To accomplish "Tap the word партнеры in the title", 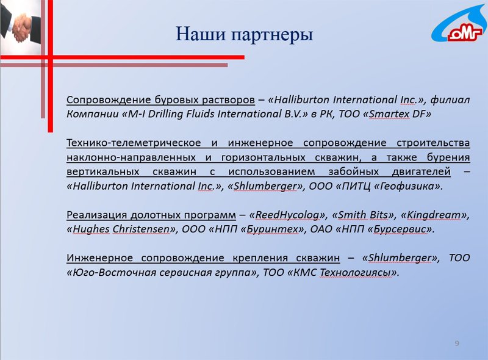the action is pos(272,35).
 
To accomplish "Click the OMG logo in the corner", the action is pos(459,24).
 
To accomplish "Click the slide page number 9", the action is pos(457,343).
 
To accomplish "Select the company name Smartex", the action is pos(389,114).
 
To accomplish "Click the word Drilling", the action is pos(165,114).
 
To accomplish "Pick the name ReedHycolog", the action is pos(287,215).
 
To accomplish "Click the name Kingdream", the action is pos(433,215).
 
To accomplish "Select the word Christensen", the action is pos(141,229).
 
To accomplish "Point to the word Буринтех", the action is pos(272,229).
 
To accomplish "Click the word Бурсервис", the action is pos(400,229).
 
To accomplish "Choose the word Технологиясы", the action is pos(356,273).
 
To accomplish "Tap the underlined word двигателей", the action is pos(421,172).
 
